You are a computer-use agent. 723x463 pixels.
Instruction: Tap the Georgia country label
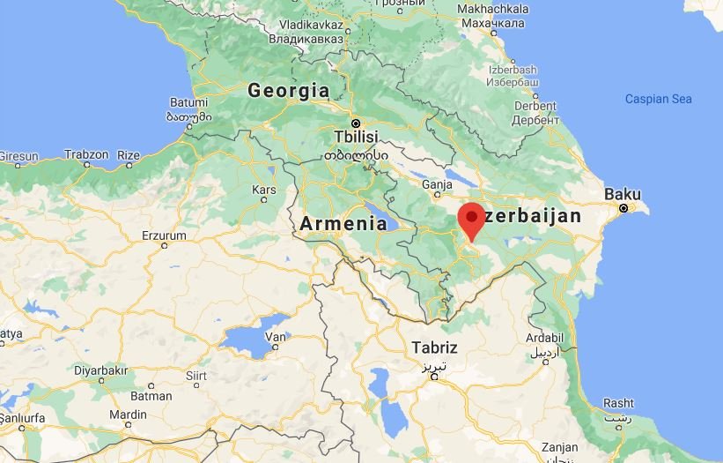pyautogui.click(x=289, y=90)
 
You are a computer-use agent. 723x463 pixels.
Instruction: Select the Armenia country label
pyautogui.click(x=343, y=224)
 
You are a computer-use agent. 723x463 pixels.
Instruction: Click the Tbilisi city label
pyautogui.click(x=356, y=137)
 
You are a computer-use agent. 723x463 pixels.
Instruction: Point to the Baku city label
pyautogui.click(x=622, y=194)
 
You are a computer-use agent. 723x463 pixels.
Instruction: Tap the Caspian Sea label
pyautogui.click(x=658, y=99)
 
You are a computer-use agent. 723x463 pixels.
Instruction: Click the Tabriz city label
pyautogui.click(x=434, y=347)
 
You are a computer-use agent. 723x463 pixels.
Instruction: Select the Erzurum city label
pyautogui.click(x=164, y=235)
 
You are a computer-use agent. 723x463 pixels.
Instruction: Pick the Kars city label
pyautogui.click(x=264, y=190)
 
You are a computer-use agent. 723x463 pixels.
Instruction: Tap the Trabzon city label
pyautogui.click(x=86, y=154)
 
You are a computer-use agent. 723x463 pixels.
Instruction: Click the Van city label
pyautogui.click(x=277, y=336)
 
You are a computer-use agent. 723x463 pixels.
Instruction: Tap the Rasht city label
pyautogui.click(x=618, y=403)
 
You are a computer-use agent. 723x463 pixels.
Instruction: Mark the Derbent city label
pyautogui.click(x=535, y=106)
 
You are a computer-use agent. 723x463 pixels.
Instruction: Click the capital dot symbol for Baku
pyautogui.click(x=623, y=209)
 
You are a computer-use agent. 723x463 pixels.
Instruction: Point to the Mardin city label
pyautogui.click(x=129, y=414)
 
